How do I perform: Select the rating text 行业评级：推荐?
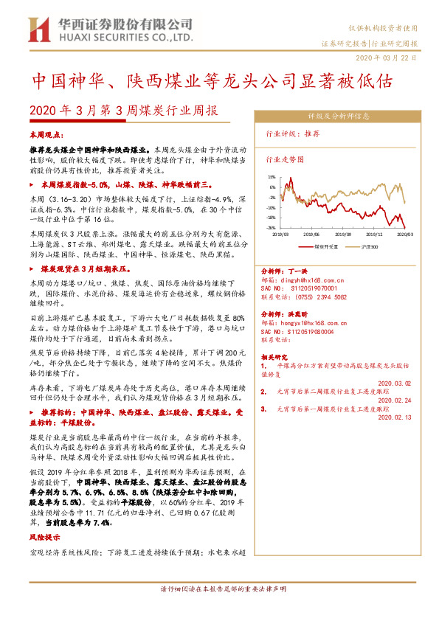point(292,134)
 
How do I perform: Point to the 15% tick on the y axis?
point(272,177)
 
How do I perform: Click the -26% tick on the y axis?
point(272,228)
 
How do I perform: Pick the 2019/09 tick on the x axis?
point(343,233)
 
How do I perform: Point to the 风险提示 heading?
point(42,538)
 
